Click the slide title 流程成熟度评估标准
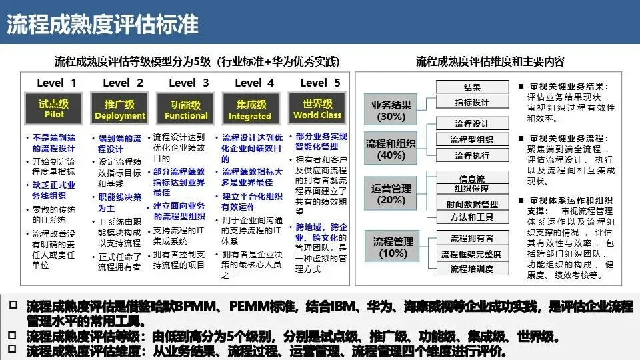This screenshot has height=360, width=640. (103, 24)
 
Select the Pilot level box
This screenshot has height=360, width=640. (54, 109)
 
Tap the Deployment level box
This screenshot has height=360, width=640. (119, 109)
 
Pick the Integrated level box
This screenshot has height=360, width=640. (250, 109)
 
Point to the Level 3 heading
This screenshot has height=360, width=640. (189, 83)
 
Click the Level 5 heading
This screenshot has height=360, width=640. (320, 83)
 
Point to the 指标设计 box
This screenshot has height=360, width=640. (472, 103)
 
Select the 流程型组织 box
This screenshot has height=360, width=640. (472, 139)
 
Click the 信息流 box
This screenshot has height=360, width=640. (472, 179)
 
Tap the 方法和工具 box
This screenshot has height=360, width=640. (472, 217)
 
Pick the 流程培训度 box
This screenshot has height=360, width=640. (472, 269)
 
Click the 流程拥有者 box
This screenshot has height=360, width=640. (472, 238)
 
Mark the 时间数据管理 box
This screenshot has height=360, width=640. (472, 204)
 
